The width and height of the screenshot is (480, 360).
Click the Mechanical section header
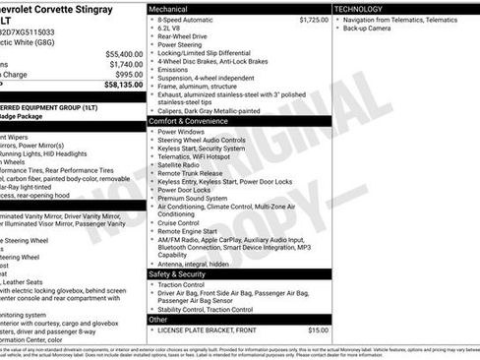click(x=170, y=9)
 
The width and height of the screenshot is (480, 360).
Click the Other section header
click(x=158, y=319)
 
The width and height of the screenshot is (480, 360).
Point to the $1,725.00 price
click(x=313, y=19)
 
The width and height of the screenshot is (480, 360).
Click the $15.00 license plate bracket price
click(x=318, y=330)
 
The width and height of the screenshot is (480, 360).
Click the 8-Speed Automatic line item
click(x=190, y=19)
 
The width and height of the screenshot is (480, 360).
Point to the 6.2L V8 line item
click(x=171, y=28)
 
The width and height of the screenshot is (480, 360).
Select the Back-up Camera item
click(x=369, y=29)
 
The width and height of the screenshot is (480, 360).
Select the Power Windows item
click(x=181, y=131)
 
